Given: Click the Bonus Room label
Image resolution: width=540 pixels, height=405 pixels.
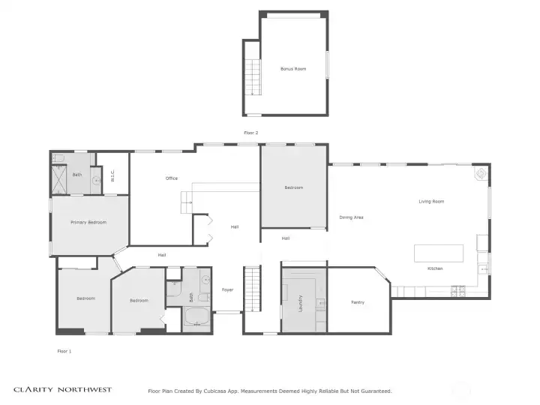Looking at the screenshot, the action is point(293,69).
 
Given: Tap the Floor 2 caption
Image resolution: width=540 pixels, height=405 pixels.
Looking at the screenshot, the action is point(251,133).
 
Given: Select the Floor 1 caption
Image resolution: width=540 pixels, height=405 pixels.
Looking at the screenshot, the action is point(64,351).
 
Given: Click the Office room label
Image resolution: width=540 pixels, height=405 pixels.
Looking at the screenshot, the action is point(172,178).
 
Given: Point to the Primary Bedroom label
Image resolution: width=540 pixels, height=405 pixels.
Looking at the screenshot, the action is point(88,223).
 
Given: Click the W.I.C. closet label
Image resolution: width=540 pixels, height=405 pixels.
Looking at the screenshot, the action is point(112,175).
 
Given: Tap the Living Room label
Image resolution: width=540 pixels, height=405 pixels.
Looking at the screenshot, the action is point(431,202).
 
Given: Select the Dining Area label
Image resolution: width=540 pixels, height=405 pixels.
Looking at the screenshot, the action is point(351,217).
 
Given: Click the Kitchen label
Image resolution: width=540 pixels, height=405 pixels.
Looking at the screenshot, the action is point(435,268).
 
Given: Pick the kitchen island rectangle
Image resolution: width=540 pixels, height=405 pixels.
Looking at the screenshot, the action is point(439,253).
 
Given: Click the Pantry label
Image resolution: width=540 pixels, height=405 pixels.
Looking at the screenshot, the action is point(358,302).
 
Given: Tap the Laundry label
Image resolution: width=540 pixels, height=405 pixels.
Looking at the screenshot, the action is point(300,304).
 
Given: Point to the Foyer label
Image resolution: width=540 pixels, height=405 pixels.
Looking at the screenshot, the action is point(228,290).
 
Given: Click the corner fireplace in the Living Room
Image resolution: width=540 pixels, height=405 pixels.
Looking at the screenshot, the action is point(481,173).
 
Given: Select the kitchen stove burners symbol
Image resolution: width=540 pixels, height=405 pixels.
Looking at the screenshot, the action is point(458,291).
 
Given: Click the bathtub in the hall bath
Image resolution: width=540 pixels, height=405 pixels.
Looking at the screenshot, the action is point(196,316).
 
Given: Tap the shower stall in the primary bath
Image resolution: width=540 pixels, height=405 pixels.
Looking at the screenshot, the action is point(59,180).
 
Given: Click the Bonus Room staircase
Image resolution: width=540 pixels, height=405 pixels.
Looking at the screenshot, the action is point(253,77).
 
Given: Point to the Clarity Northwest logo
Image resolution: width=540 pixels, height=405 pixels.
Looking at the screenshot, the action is point(63,390).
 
